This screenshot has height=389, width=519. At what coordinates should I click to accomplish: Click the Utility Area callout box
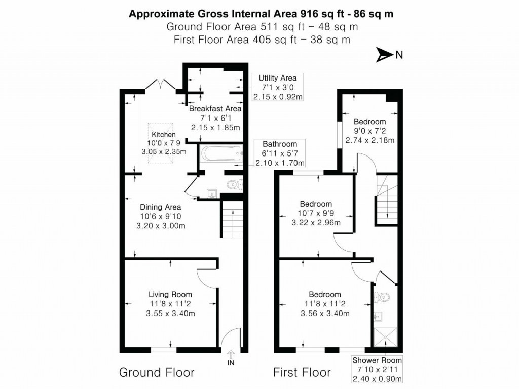point(277,87)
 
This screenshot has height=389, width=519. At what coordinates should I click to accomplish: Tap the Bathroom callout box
point(280,153)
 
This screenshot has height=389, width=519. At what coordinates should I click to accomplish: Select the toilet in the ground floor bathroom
point(235,185)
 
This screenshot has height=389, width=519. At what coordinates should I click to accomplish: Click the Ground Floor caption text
point(157,373)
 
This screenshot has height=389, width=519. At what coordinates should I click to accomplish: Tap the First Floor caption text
point(302,373)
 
